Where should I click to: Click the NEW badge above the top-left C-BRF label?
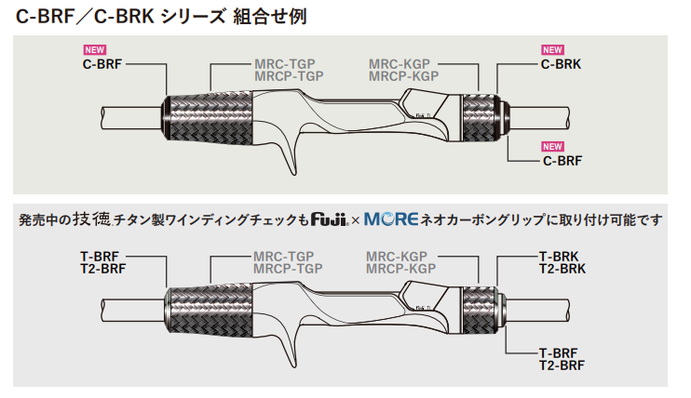[x=95, y=50]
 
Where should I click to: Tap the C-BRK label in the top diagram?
[x=561, y=64]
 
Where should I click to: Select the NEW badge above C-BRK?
[x=552, y=50]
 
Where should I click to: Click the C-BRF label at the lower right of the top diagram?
[x=562, y=161]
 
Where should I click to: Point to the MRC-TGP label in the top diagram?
[x=285, y=64]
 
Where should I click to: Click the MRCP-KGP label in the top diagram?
[x=403, y=76]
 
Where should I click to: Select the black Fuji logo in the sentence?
[x=330, y=219]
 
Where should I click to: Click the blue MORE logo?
[x=391, y=219]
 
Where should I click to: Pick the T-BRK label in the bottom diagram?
[x=559, y=257]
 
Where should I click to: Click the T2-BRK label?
[x=562, y=269]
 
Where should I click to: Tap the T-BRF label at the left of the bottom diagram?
[x=100, y=257]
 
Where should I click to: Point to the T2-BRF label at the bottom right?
[x=562, y=365]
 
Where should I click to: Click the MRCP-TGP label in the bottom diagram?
[x=288, y=269]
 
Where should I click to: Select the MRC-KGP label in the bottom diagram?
[x=397, y=257]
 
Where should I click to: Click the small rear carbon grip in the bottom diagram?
[x=479, y=310]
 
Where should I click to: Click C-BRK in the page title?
[x=124, y=17]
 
